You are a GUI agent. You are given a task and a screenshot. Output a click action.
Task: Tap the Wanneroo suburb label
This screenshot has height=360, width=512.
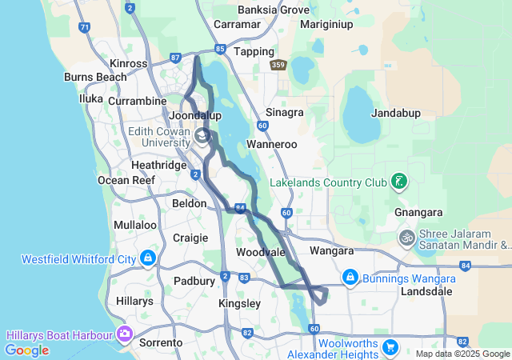coord(272,145)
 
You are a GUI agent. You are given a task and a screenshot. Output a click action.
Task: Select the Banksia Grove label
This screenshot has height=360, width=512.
coord(273,10)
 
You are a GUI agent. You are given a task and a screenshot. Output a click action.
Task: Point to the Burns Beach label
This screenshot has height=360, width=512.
coord(95,78)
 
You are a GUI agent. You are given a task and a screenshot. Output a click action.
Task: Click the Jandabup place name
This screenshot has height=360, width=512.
coord(396,114)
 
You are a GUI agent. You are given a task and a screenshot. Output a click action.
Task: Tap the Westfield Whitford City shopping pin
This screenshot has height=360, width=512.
coord(147,258)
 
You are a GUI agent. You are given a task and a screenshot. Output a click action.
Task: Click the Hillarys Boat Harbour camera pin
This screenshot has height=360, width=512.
coord(124,333)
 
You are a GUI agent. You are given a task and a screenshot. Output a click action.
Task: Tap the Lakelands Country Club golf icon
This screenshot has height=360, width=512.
coord(398,182)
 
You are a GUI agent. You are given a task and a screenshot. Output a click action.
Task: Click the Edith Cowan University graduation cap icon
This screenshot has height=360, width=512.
coord(202,137)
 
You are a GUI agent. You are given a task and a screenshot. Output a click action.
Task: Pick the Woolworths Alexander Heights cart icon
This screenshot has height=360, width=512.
coord(390,346)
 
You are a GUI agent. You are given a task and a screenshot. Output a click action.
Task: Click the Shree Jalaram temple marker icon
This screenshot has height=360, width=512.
coord(407,238)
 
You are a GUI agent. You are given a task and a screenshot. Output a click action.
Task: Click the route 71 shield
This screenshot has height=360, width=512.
coord(84,27)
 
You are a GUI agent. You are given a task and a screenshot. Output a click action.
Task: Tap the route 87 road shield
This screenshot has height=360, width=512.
coord(176,58)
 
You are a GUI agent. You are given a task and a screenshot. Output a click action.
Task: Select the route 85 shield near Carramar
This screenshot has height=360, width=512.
coord(219,49)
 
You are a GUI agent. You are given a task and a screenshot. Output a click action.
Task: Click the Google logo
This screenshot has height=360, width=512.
coord(26,350)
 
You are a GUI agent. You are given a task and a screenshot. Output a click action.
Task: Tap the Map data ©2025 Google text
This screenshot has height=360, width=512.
coord(462,354)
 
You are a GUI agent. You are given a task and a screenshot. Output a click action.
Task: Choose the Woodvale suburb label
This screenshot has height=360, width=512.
coord(261,252)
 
